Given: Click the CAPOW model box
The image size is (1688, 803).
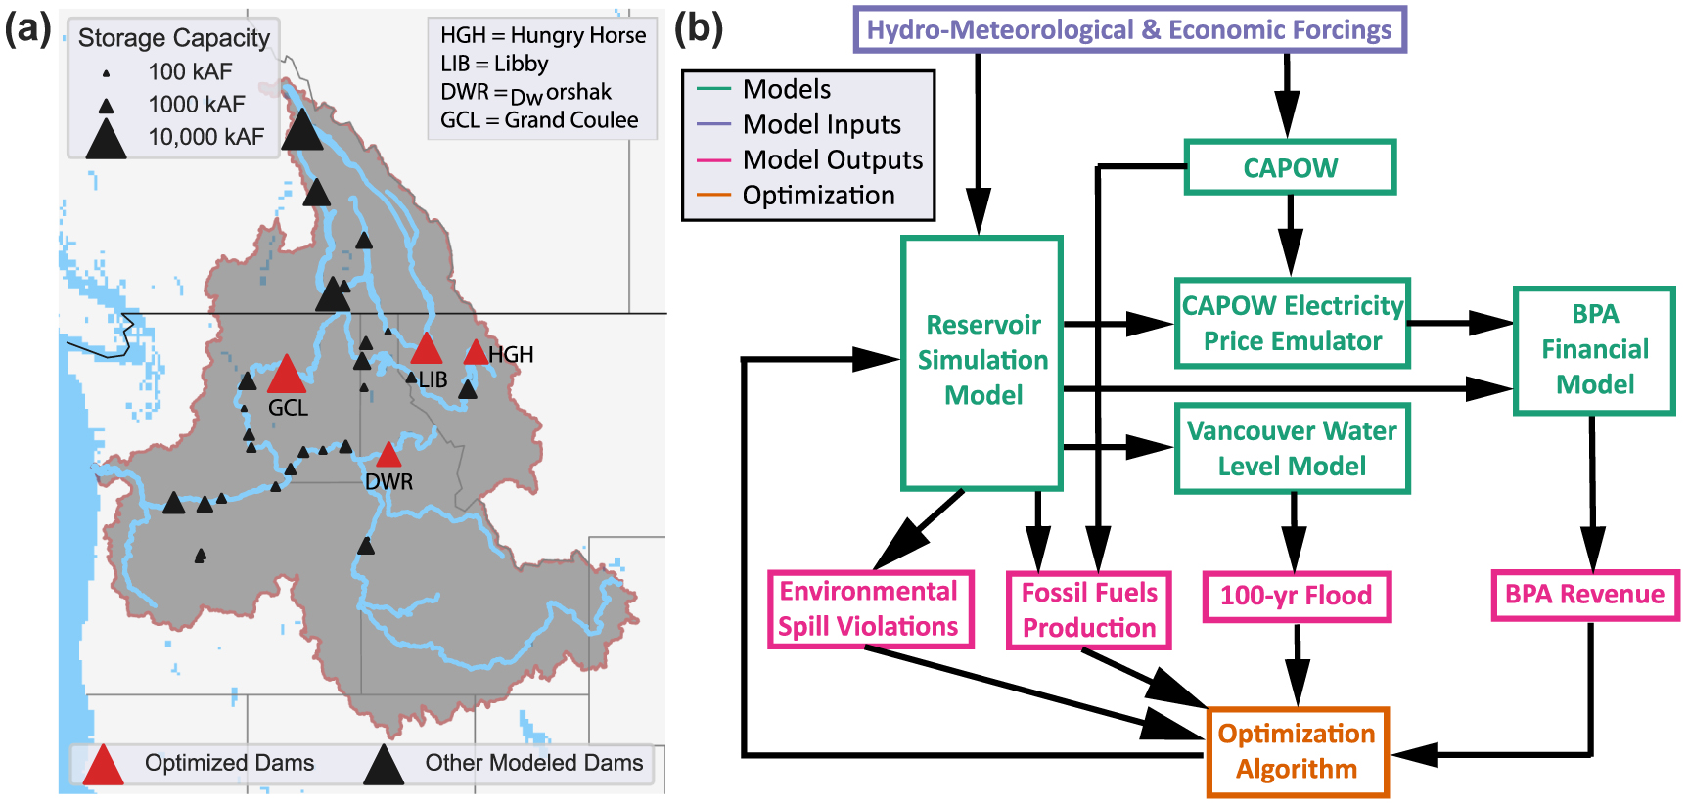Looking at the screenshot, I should tap(1290, 167).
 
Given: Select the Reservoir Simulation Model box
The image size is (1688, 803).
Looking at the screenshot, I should tap(982, 362).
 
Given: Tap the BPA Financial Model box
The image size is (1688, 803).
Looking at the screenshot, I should tap(1594, 350).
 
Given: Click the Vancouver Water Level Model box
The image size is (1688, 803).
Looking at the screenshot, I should tap(1292, 448).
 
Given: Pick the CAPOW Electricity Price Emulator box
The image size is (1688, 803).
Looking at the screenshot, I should tap(1292, 323).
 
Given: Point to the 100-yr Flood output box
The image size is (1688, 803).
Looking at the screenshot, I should tap(1296, 596).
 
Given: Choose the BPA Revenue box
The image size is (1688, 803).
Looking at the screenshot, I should tap(1584, 595).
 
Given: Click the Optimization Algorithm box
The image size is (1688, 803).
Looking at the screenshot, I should tap(1297, 751).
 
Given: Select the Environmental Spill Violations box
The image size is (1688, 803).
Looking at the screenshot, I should tap(869, 609).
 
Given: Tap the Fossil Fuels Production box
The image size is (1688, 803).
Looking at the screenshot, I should tap(1089, 610).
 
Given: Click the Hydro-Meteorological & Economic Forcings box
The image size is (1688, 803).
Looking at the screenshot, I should tap(1129, 30).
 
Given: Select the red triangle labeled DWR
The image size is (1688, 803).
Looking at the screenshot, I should tap(388, 456).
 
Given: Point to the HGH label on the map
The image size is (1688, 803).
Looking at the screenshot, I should tap(512, 355).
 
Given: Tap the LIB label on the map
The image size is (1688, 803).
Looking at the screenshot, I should tap(433, 379).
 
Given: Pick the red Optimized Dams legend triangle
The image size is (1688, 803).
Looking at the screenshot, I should tap(103, 766).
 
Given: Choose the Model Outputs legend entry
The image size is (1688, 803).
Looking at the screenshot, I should tap(832, 159).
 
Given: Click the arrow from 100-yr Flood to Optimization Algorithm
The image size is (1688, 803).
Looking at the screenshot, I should tap(1297, 665).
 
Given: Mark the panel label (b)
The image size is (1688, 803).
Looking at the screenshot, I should tap(699, 27).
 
